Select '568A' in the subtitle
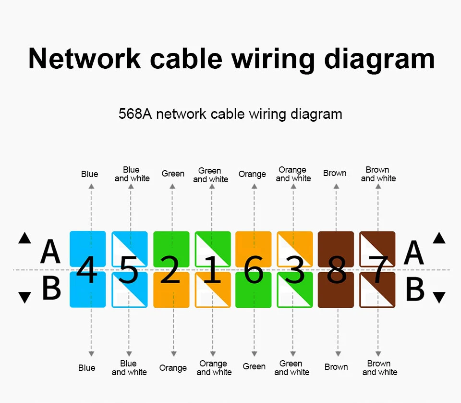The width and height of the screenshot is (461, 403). [x=135, y=114]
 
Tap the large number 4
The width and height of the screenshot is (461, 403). [x=86, y=270]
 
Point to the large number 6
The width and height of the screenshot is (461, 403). [x=253, y=270]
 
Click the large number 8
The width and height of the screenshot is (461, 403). [x=336, y=270]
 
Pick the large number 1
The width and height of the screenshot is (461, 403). [x=212, y=270]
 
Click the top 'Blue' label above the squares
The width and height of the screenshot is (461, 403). [x=89, y=174]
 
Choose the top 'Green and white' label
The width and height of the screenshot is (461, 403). [x=210, y=175]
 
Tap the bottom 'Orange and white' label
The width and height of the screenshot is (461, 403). [x=214, y=368]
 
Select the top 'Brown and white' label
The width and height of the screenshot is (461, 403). [x=378, y=174]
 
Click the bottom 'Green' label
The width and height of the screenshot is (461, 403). [x=254, y=367]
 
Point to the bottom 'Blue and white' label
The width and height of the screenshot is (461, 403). [x=129, y=368]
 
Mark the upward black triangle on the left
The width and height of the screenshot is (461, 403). [x=24, y=238]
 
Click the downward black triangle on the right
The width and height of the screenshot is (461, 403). [x=439, y=298]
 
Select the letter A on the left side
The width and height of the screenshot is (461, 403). [x=50, y=252]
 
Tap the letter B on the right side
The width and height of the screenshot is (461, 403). [x=415, y=289]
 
